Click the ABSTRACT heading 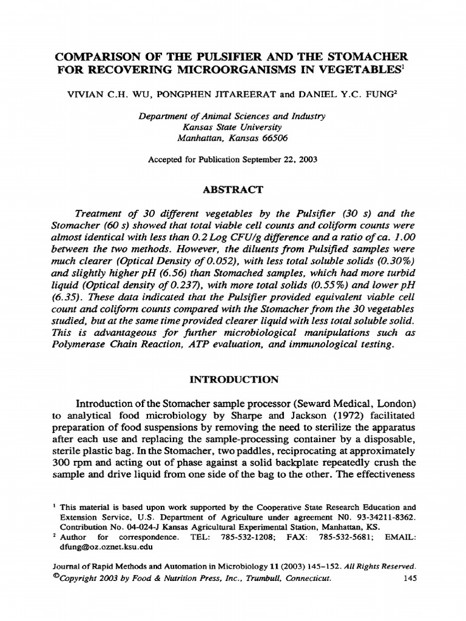(233, 190)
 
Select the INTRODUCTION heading (233, 380)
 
